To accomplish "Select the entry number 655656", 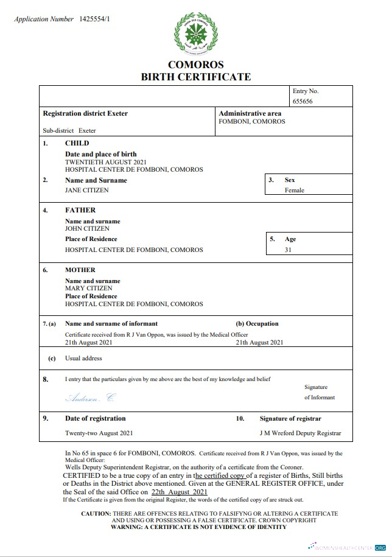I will tap(303, 102).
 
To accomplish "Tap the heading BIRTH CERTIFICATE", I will tap(195, 77).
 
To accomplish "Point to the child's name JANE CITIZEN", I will tap(86, 190).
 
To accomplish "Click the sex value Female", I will tap(294, 190).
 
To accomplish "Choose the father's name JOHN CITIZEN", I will tap(87, 228).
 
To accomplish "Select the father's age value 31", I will tap(288, 250).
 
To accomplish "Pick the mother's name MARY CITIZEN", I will tap(88, 288).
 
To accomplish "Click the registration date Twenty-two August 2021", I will tap(98, 433).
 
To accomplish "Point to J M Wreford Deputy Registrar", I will tap(300, 433).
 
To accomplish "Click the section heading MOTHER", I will tap(80, 270).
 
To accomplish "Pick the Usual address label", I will tap(83, 359).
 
